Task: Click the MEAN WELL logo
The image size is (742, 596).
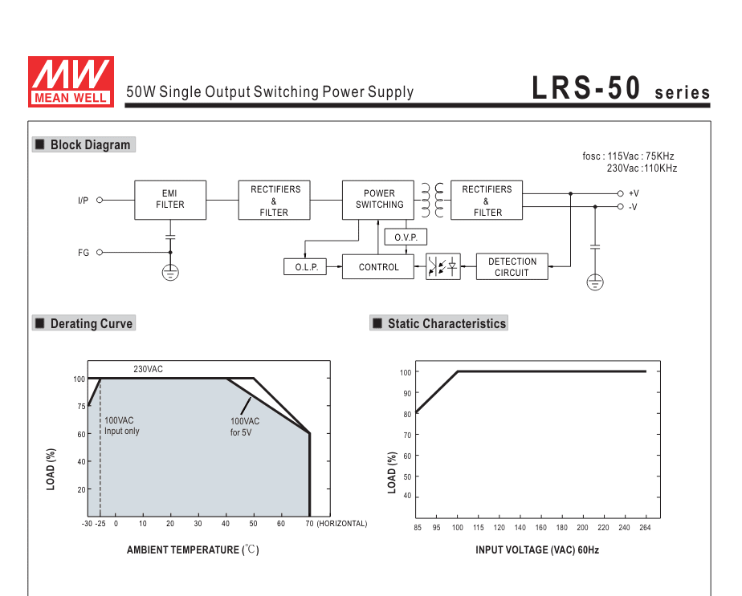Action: point(71,82)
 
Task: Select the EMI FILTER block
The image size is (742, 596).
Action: point(170,200)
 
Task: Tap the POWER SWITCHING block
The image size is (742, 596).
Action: point(378,200)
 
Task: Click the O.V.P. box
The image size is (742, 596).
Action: point(406,237)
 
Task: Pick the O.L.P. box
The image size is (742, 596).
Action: point(305,267)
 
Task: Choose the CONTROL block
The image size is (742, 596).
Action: point(378,267)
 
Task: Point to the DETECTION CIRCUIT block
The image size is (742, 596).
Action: point(512,267)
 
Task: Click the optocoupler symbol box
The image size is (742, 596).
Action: point(443,266)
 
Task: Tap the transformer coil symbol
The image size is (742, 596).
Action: point(433,201)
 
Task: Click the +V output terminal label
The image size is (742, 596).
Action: point(634,193)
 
